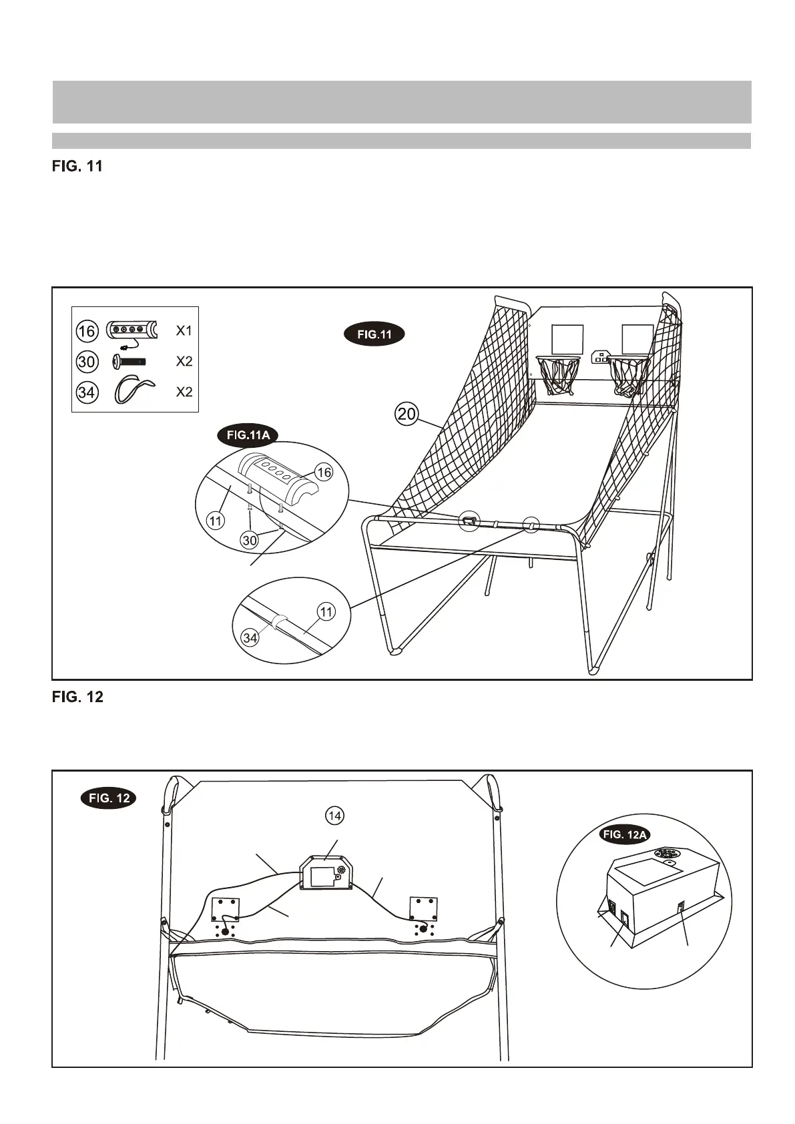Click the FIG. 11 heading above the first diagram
77,166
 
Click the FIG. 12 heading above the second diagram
77,697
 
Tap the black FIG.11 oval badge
374,334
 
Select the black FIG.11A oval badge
248,436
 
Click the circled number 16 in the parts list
87,331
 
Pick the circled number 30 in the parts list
87,362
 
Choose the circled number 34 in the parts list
87,392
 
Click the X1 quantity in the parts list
184,330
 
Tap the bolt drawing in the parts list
129,362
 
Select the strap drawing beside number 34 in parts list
134,389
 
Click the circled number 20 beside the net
407,414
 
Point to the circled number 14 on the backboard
334,815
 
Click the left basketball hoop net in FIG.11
557,375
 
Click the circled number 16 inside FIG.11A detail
324,473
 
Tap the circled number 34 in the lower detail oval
250,638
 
